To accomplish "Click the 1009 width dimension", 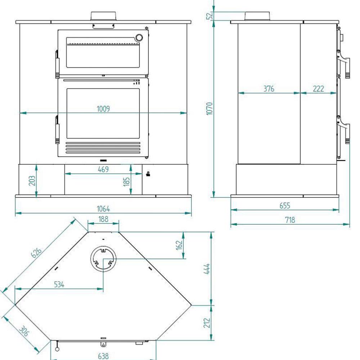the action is click(103, 109).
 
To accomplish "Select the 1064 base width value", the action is click(103, 209).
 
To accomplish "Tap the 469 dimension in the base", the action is click(103, 170).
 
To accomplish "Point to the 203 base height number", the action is click(32, 181).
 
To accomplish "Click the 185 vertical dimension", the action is click(126, 181).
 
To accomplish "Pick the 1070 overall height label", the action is click(210, 109).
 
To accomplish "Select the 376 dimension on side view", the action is click(269, 89).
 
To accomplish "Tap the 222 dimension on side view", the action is click(319, 89).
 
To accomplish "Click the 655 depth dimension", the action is click(285, 205).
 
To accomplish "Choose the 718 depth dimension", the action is click(290, 220).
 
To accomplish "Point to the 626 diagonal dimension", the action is click(36, 252).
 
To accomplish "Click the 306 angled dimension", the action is click(24, 331).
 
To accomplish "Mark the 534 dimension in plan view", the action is click(59, 284).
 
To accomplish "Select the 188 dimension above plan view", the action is click(103, 219).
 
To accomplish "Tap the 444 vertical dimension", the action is click(207, 269).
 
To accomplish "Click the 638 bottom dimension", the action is click(103, 356).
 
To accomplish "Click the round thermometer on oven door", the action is click(139, 37).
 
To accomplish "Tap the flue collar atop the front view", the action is click(103, 16).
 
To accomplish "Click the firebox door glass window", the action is click(103, 113).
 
